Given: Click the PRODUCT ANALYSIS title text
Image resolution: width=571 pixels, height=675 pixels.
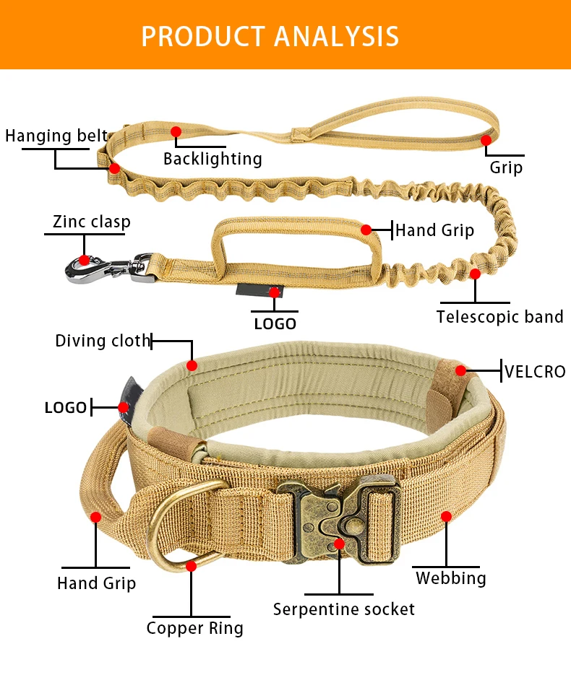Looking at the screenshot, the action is click(270, 35).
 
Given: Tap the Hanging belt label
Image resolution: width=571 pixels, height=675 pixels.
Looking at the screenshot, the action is click(56, 136).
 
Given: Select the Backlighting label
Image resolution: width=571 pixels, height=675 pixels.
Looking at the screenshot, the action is click(212, 159).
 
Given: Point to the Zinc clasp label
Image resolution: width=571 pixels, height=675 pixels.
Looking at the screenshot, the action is click(91, 221).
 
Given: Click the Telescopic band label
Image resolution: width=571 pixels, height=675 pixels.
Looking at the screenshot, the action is click(499, 316).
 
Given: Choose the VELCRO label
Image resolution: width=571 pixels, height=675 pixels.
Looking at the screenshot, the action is click(535, 372).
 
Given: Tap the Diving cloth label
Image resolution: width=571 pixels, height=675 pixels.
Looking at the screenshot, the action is click(103, 341).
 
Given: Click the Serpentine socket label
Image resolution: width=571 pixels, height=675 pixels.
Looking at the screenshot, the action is click(344, 609).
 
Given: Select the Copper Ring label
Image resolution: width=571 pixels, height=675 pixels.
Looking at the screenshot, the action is click(194, 628).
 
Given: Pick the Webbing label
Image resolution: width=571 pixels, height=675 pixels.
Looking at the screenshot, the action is click(450, 578).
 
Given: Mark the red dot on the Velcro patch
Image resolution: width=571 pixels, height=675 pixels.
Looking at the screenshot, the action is click(460, 370).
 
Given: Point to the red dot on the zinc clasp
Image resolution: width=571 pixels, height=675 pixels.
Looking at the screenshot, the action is click(85, 260).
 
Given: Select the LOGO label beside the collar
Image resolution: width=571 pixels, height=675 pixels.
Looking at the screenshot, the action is click(66, 408).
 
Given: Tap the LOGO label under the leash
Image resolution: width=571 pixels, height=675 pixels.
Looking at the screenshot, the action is click(275, 324).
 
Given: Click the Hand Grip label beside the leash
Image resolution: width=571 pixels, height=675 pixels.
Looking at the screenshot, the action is click(434, 230).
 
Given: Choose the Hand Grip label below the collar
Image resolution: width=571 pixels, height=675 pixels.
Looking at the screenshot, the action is click(96, 583).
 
